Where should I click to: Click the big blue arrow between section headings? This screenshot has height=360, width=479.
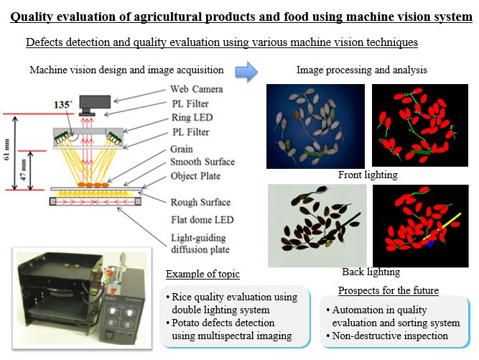tap(246, 70)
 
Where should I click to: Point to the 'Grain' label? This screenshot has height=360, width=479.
tap(182, 149)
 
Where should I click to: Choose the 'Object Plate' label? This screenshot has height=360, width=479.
tap(195, 175)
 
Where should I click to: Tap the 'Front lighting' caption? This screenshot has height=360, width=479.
tap(367, 175)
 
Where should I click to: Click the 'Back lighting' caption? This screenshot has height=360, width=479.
tap(371, 272)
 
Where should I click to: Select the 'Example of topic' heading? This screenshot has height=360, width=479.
tap(203, 274)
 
